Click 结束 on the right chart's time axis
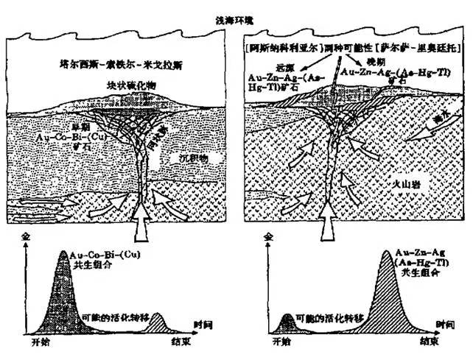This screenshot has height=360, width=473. [430, 343]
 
